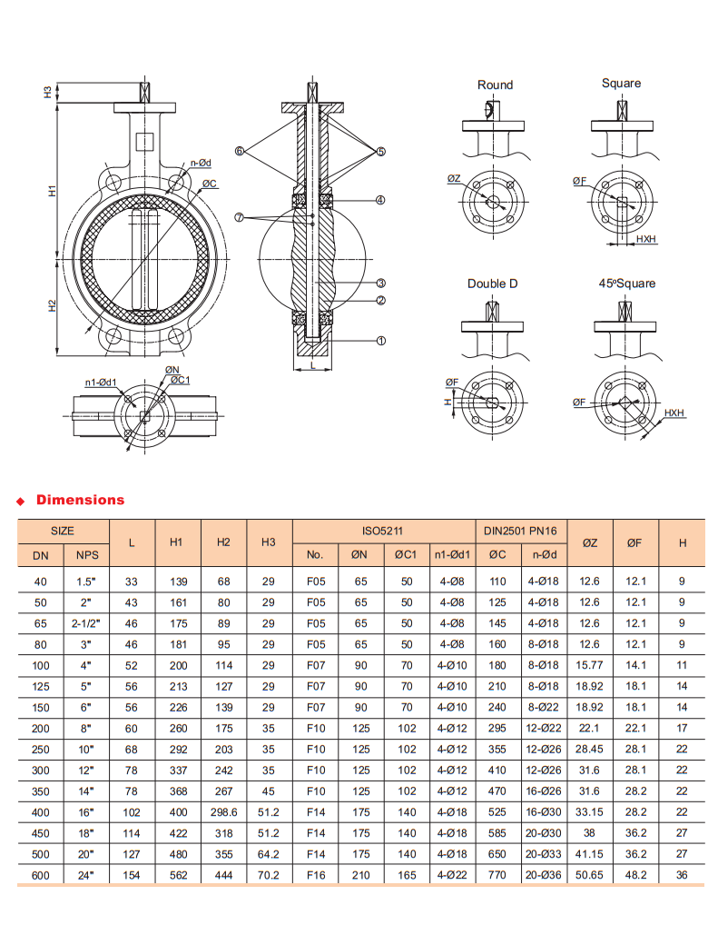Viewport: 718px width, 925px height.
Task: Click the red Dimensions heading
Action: point(80,500)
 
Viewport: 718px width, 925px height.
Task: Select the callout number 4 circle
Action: point(381,200)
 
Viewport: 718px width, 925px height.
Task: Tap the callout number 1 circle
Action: point(381,340)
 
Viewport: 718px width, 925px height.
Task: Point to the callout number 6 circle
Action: point(240,151)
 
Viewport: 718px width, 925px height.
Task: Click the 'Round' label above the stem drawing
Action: point(495,85)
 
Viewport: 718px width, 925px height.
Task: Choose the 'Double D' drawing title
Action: point(493,283)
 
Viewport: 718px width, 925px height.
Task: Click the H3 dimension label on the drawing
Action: point(47,93)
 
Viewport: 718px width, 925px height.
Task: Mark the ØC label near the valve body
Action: point(210,184)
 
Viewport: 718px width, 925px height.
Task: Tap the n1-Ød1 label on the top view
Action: point(101,382)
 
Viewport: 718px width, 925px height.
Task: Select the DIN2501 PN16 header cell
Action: point(521,531)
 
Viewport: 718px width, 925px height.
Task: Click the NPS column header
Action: point(86,554)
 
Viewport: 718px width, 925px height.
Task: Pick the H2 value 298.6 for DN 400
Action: point(223,811)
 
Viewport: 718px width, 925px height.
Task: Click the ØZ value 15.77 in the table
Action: point(590,664)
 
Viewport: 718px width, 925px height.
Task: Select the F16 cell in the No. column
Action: point(315,875)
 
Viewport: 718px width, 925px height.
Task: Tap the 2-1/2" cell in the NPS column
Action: point(86,622)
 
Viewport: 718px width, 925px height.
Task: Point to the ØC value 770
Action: point(498,875)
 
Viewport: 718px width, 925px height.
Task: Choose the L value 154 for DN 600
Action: point(132,875)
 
